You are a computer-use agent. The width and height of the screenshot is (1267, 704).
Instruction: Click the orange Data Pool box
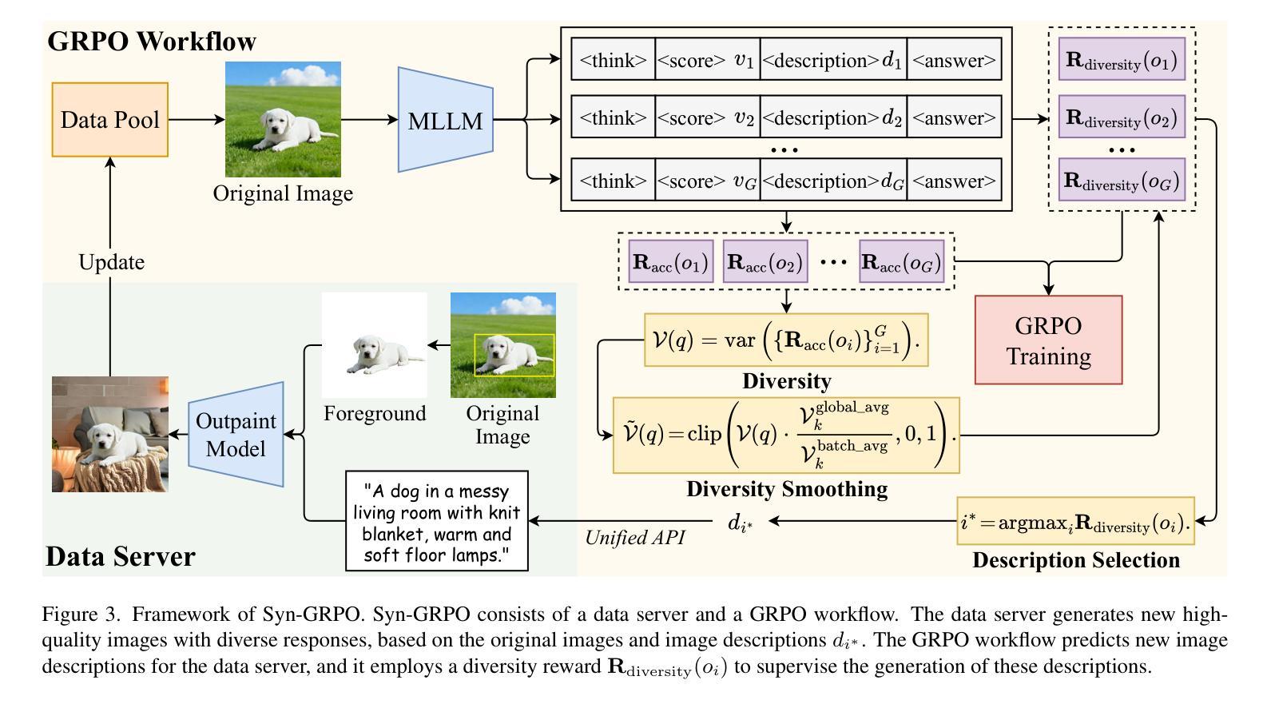pyautogui.click(x=110, y=120)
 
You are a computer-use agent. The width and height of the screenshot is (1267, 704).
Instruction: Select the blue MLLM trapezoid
pyautogui.click(x=445, y=120)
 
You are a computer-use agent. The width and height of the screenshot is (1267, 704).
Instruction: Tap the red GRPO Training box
pyautogui.click(x=1048, y=340)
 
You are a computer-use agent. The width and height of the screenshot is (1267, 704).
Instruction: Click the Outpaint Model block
pyautogui.click(x=236, y=434)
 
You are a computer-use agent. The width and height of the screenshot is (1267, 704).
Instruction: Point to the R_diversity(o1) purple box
pyautogui.click(x=1121, y=59)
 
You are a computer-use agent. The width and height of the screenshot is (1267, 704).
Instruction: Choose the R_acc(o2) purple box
pyautogui.click(x=765, y=261)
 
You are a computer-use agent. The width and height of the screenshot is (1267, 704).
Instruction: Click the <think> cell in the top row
pyautogui.click(x=613, y=60)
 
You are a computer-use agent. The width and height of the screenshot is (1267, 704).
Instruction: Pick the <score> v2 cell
pyautogui.click(x=706, y=117)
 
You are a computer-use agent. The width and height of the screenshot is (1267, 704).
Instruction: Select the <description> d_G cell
pyautogui.click(x=833, y=181)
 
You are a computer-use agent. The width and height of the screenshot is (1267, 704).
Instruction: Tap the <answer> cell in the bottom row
pyautogui.click(x=954, y=181)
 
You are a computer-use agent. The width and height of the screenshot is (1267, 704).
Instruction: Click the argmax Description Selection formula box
pyautogui.click(x=1075, y=521)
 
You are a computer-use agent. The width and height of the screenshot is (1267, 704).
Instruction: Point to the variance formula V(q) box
pyautogui.click(x=786, y=340)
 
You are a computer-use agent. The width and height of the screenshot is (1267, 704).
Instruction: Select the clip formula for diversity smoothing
pyautogui.click(x=786, y=435)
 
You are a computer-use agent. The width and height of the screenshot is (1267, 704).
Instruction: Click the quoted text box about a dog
pyautogui.click(x=437, y=521)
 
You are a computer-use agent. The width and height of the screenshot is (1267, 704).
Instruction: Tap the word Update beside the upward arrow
pyautogui.click(x=111, y=262)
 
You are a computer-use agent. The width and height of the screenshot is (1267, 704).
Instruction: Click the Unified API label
pyautogui.click(x=634, y=537)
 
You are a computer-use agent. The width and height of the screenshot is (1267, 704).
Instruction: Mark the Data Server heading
pyautogui.click(x=120, y=556)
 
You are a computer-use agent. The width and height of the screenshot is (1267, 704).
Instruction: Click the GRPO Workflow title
pyautogui.click(x=152, y=41)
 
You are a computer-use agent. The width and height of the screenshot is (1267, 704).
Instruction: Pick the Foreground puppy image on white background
pyautogui.click(x=374, y=345)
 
